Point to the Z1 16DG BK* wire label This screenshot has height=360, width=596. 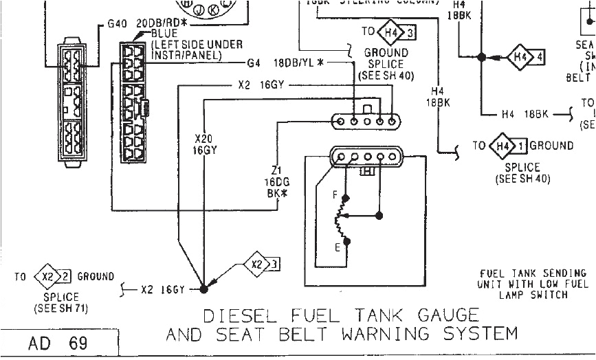pos(276,181)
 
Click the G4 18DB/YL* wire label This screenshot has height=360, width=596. pos(299,63)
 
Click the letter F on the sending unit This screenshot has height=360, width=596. pos(335,196)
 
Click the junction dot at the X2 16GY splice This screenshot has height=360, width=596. pos(204,289)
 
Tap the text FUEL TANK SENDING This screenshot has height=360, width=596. pos(533,273)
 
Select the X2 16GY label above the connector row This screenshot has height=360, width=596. pos(258,86)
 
